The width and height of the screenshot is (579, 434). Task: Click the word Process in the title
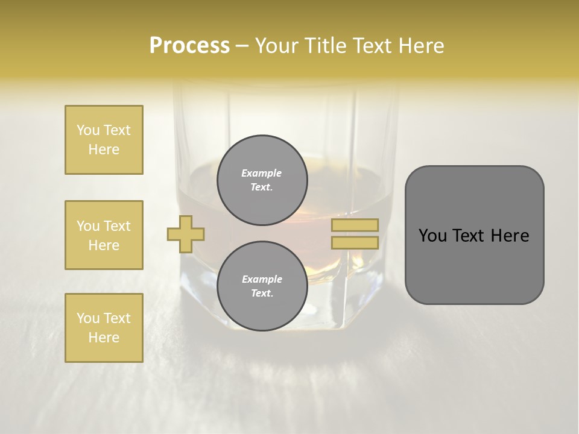[189, 46]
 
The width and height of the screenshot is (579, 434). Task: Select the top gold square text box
[104, 140]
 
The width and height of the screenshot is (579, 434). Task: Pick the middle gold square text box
[104, 235]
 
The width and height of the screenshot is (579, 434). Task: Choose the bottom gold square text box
[104, 328]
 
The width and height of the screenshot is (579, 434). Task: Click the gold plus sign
[186, 234]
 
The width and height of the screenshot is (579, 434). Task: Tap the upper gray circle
[262, 180]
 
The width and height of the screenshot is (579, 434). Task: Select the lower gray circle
[262, 286]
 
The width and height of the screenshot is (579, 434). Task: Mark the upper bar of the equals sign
[355, 225]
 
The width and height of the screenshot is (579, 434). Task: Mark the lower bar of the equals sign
[355, 243]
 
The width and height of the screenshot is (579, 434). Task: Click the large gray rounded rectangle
[474, 265]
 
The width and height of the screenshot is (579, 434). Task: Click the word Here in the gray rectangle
[510, 236]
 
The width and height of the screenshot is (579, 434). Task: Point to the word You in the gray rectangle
[434, 236]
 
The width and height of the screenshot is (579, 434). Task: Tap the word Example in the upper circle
[261, 173]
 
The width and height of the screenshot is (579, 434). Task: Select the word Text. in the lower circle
[261, 294]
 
